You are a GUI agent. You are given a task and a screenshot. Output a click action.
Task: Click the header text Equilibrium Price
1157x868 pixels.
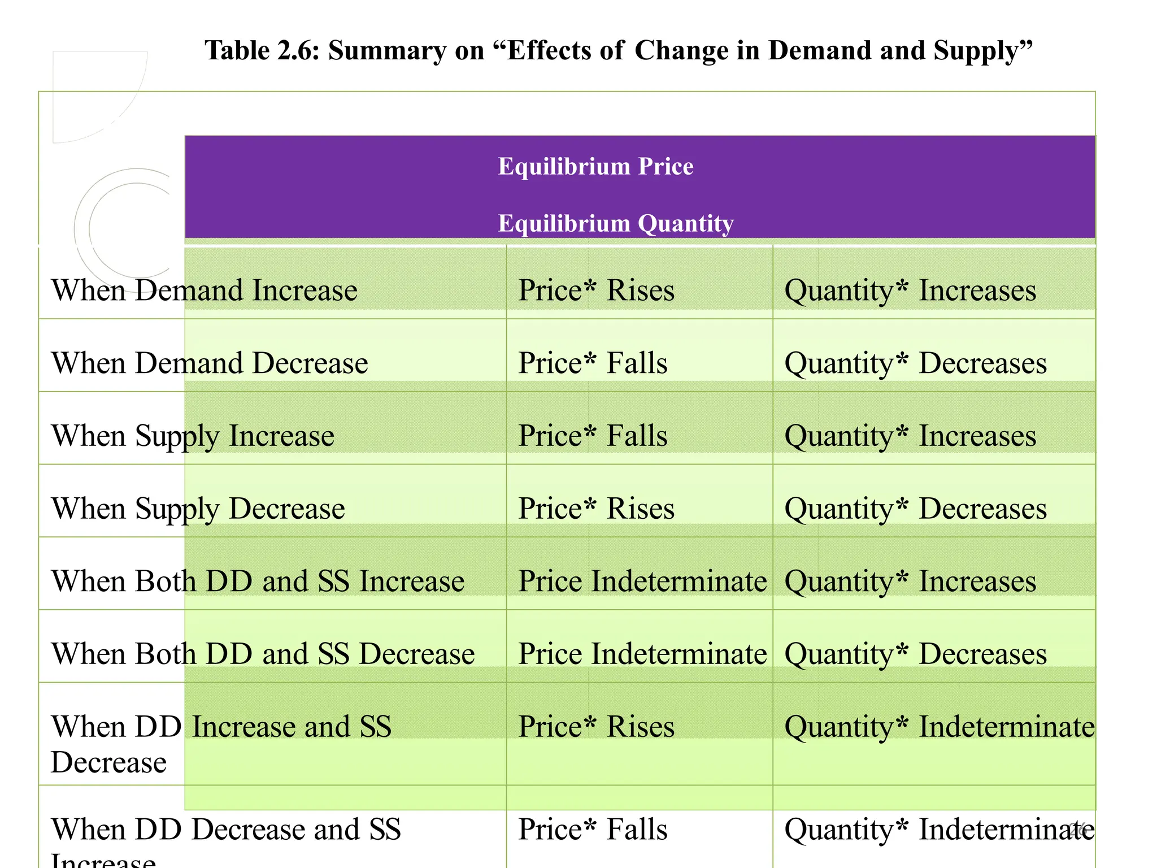pos(595,167)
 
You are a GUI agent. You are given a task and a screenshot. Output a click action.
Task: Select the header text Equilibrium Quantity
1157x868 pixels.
pos(615,224)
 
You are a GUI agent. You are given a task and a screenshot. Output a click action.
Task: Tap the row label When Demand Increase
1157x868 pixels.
pos(205,290)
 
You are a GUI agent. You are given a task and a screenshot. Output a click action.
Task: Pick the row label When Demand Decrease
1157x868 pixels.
pos(210,363)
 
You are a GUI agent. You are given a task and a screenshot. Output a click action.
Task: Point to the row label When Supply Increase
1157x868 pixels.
pos(193,436)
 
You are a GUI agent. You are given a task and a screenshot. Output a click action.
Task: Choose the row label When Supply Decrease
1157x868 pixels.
pos(198,509)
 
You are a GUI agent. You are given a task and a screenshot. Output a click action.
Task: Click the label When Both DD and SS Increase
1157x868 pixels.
pos(258,581)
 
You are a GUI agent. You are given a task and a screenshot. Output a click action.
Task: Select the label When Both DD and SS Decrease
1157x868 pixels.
pos(263,654)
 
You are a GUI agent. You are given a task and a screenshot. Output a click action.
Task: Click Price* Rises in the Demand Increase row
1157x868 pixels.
pos(596,290)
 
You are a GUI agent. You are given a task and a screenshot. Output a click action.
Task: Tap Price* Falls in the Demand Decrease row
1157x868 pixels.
pos(593,363)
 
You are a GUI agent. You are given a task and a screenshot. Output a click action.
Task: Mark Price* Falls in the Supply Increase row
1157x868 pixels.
pos(593,436)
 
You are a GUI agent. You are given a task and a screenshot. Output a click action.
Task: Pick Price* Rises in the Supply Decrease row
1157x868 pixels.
pos(596,509)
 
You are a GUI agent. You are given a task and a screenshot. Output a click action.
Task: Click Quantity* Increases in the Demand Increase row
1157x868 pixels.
pos(910,291)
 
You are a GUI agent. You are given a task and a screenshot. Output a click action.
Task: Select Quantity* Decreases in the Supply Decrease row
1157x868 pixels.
pos(915,509)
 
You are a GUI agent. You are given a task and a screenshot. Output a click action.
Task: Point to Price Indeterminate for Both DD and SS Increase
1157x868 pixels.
pos(642,581)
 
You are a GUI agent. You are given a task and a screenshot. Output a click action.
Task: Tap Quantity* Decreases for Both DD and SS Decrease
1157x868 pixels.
pos(915,654)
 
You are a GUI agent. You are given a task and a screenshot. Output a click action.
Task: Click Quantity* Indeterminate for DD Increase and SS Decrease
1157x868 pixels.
pos(939,727)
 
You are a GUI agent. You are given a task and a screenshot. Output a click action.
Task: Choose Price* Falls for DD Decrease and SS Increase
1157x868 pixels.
pos(593,830)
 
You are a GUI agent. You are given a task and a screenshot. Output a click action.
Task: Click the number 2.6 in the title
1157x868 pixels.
pos(298,51)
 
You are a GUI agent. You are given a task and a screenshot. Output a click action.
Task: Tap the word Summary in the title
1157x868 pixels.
pos(387,51)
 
